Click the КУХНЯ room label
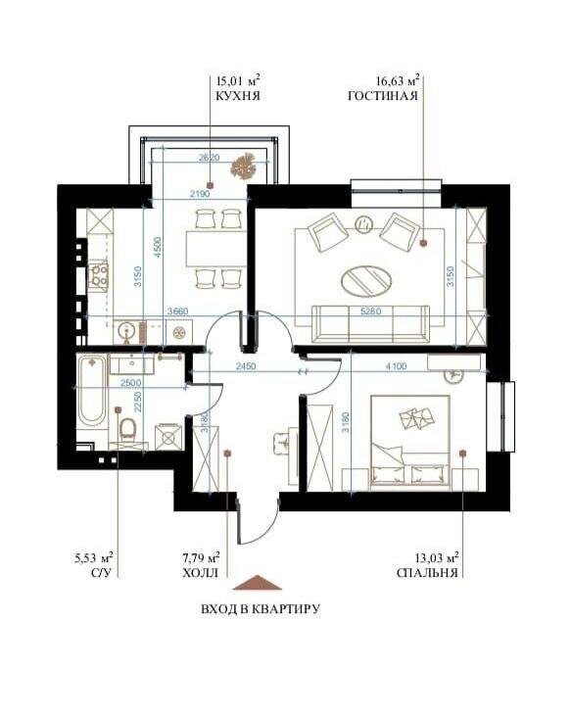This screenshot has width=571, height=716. pos(238,96)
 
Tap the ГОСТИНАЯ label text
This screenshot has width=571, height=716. pos(383,96)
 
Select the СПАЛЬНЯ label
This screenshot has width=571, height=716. pos(427,573)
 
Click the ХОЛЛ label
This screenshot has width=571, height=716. pos(201,573)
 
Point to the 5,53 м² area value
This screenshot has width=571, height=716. pos(94,557)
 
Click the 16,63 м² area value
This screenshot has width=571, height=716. pos(398,81)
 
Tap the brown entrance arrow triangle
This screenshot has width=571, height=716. pos(258,582)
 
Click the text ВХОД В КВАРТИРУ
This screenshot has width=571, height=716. pos(261,609)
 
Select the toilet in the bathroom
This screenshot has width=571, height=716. pos(127,430)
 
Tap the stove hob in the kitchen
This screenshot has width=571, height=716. pos(99,276)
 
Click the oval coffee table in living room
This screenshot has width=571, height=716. pos(367,279)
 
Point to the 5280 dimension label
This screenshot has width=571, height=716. pos(370,311)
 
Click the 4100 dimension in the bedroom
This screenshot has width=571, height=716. pos(396,366)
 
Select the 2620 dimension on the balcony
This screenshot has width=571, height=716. pos(210,158)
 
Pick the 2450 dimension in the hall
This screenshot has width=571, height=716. pos(246,366)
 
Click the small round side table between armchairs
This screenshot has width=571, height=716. pos(363,223)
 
